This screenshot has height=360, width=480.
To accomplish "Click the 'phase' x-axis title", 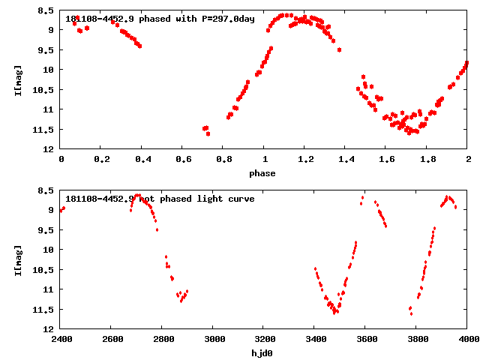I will [264, 173].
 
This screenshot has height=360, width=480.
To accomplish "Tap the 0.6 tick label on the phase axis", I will [182, 159].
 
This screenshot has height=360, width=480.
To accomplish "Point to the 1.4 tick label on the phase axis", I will [346, 159].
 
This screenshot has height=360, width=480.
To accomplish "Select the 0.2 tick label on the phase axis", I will [101, 159].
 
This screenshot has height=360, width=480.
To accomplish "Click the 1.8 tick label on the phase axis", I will [427, 159].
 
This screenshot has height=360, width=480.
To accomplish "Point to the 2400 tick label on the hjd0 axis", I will [61, 338].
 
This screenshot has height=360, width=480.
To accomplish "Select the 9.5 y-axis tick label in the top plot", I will [46, 49].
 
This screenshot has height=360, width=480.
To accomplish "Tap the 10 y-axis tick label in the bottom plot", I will [49, 250].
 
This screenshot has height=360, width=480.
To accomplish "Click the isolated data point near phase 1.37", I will [339, 49].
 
